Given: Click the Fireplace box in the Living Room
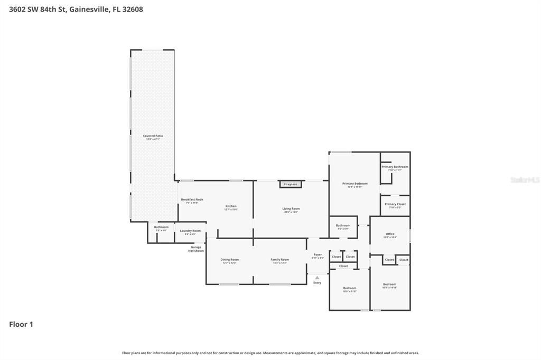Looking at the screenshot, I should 291,184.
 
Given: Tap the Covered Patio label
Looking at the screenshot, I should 153,136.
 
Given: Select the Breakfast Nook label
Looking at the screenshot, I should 192,200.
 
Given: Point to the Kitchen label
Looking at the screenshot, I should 231,206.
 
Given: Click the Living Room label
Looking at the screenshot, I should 291,209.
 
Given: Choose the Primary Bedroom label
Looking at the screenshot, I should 355,184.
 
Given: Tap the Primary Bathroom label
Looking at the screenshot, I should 395,167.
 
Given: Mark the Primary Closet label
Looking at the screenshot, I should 395,204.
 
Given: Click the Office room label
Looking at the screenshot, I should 390,234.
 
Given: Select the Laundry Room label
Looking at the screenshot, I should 190,231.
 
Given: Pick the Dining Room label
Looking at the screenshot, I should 229,260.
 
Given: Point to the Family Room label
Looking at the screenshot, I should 279,260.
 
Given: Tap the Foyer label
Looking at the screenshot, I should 318,255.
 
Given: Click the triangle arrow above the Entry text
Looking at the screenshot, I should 317,277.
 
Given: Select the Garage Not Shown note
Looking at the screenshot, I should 196,249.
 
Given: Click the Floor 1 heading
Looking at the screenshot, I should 21,325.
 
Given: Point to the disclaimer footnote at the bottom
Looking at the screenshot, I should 270,353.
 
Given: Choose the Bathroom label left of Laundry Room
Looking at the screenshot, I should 161,228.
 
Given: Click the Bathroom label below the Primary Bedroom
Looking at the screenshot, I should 343,226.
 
